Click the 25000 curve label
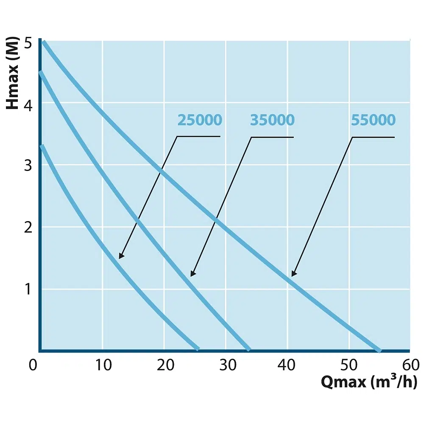(x=200, y=120)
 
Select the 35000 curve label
(x=272, y=120)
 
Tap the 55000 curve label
(x=373, y=120)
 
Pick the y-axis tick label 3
(x=28, y=166)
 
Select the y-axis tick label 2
(x=28, y=227)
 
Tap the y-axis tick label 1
(x=28, y=289)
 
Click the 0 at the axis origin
(x=33, y=365)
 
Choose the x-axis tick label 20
(x=165, y=365)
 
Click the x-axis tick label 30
(x=226, y=365)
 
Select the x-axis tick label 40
(x=288, y=365)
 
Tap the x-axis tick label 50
(x=349, y=365)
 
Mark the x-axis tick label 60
(x=410, y=365)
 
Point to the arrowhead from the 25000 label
(x=121, y=256)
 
